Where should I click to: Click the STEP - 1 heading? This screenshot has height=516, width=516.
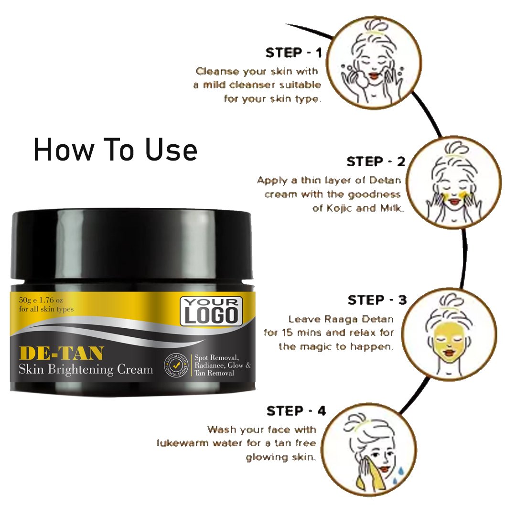pyautogui.click(x=293, y=53)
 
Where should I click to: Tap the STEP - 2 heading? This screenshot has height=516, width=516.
pyautogui.click(x=376, y=161)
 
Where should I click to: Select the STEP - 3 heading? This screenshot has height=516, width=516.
pyautogui.click(x=377, y=300)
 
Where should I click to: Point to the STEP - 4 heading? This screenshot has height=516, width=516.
pyautogui.click(x=296, y=411)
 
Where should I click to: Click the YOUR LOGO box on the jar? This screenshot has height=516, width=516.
pyautogui.click(x=211, y=312)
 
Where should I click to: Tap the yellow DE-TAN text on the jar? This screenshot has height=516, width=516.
pyautogui.click(x=62, y=354)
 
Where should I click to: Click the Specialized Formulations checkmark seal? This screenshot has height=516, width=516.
pyautogui.click(x=176, y=365)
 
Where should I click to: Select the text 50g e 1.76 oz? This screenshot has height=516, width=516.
pyautogui.click(x=41, y=300)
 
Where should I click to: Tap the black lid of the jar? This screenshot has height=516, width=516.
pyautogui.click(x=132, y=245)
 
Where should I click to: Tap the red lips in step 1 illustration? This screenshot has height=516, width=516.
pyautogui.click(x=374, y=75)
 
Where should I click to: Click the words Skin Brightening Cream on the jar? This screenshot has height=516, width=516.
pyautogui.click(x=86, y=369)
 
